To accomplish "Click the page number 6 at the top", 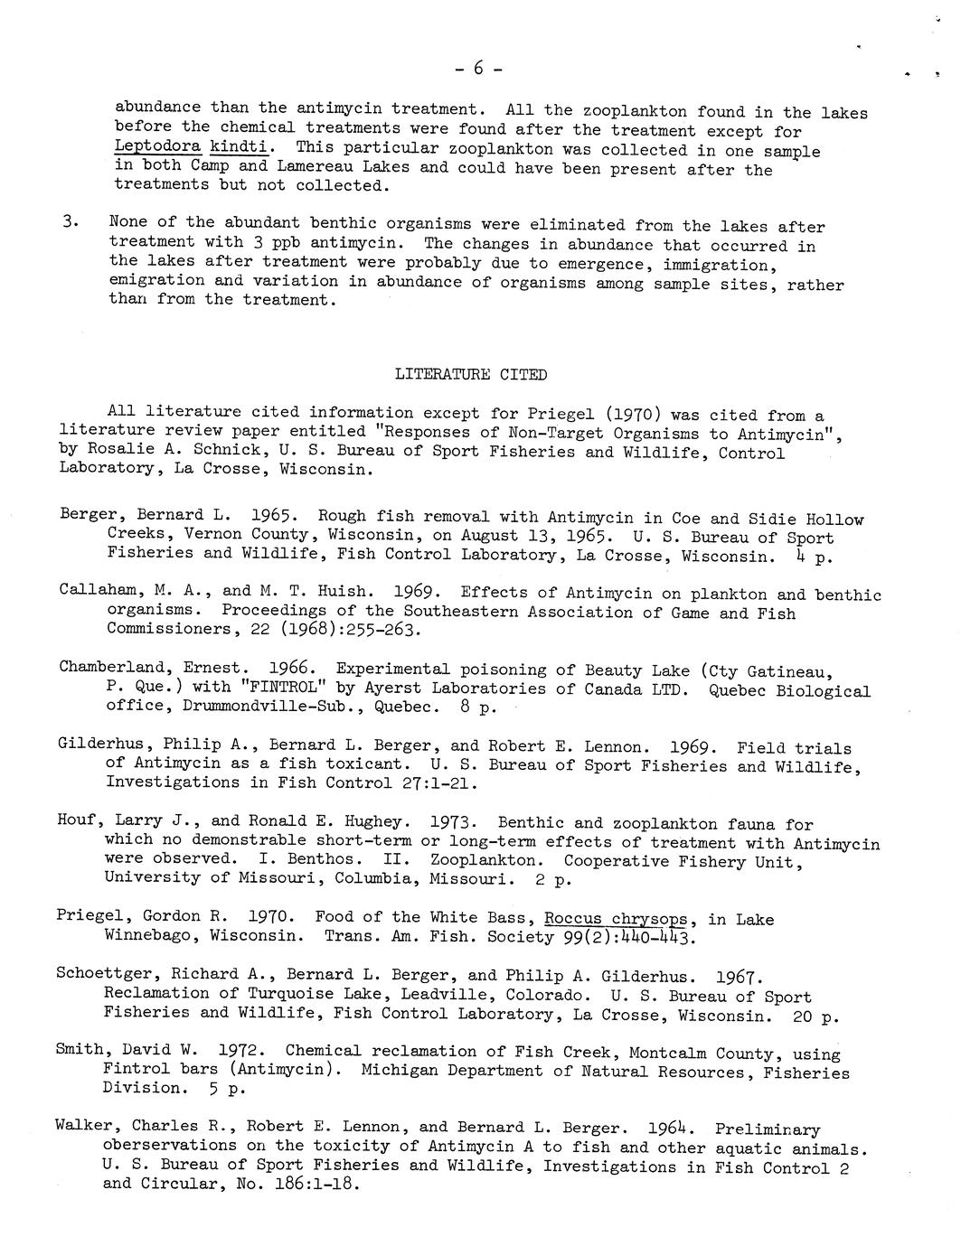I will point(478,68).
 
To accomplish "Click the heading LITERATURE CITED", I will point(471,375).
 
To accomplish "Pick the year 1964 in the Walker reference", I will point(671,1129).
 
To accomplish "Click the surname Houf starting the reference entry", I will point(77,821).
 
